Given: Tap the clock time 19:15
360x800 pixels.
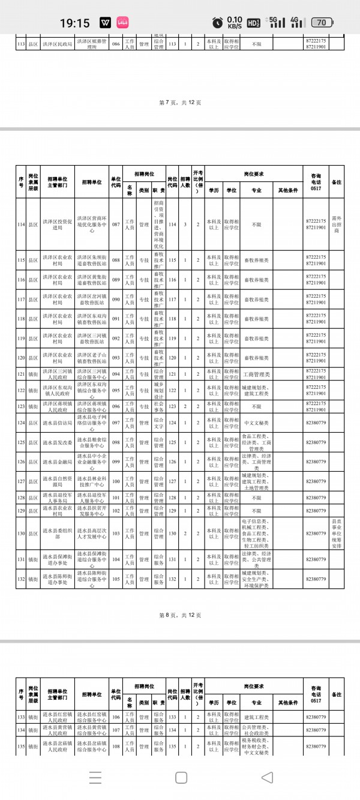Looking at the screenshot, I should tap(75, 23).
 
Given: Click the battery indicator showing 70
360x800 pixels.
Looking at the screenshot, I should tap(322, 23).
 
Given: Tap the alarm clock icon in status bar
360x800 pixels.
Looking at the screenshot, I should tap(217, 23).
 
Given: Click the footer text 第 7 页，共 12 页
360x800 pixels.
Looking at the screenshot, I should tap(180, 103).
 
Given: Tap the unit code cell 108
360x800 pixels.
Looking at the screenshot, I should tap(116, 747).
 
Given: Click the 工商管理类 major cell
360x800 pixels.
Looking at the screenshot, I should tap(256, 374).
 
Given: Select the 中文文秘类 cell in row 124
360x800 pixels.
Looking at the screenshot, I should tap(256, 423).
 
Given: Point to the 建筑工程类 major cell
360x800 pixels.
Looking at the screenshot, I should tap(256, 716).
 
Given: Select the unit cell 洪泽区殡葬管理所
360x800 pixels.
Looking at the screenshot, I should tap(91, 43).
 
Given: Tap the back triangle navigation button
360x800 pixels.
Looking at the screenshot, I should tap(268, 778).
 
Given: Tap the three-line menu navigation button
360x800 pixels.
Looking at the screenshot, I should tap(95, 778).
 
